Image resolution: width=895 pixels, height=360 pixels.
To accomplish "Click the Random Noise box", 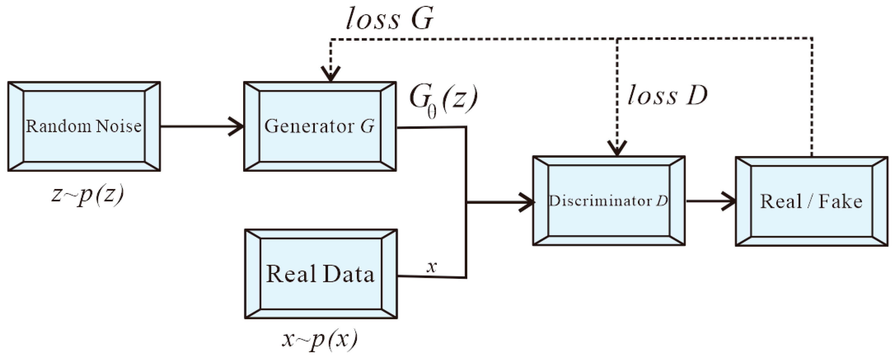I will [x=84, y=126].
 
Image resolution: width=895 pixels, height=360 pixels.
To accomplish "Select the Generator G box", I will [x=320, y=126].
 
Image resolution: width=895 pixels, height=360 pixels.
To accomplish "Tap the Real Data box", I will [x=321, y=274].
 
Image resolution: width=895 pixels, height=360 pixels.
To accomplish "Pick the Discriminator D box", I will [x=609, y=201].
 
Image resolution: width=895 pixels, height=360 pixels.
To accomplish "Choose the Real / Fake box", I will [x=811, y=202].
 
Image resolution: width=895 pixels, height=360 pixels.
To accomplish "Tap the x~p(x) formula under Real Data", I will [x=319, y=339].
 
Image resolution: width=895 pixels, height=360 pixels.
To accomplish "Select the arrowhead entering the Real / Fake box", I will [x=730, y=201].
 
